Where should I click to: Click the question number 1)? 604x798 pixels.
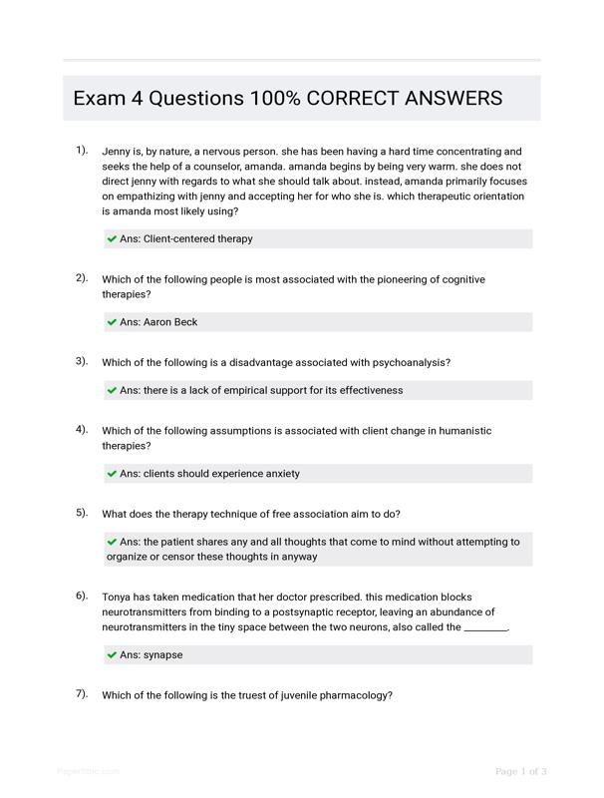click(x=82, y=150)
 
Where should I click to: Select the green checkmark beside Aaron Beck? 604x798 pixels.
click(x=112, y=322)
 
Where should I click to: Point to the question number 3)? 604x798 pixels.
click(x=82, y=361)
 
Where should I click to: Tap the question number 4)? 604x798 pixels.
click(x=82, y=429)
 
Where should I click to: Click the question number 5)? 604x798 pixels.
click(x=82, y=512)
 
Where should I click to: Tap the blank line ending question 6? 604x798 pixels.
click(x=485, y=628)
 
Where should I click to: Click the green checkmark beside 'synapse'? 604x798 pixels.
click(x=112, y=655)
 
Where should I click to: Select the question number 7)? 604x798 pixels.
click(x=82, y=693)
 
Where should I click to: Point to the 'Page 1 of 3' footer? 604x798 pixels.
click(x=521, y=771)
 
